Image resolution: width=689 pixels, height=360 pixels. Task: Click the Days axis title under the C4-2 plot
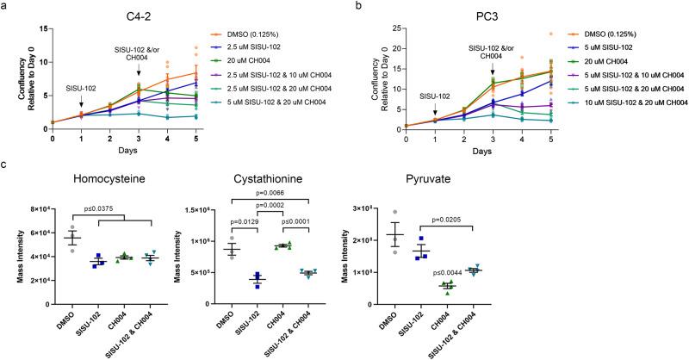pos(128,150)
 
